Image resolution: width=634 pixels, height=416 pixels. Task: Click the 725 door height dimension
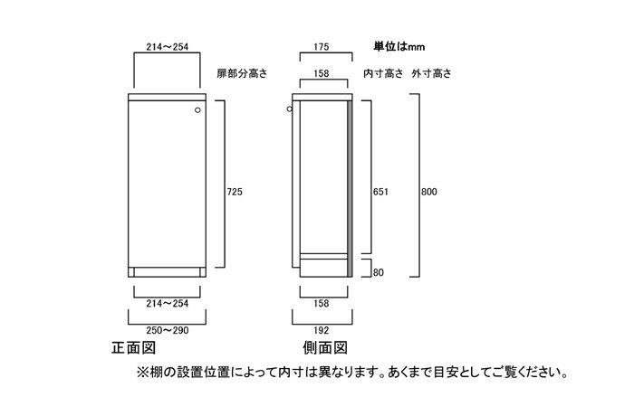235,192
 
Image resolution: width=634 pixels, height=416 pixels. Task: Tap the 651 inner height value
380,192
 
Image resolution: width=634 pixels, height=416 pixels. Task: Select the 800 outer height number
429,192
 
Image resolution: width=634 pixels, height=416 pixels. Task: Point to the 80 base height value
378,272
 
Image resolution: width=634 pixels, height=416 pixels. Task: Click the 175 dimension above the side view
321,47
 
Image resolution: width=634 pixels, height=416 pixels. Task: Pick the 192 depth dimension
321,330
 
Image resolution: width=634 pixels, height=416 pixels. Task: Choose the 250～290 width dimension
168,330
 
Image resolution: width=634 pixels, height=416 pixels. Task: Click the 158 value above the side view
321,73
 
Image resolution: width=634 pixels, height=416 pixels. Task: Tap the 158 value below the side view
321,303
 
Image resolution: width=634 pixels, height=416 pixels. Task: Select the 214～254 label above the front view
168,47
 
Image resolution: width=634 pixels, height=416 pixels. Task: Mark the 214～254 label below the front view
168,303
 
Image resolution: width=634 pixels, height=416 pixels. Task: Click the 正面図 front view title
133,348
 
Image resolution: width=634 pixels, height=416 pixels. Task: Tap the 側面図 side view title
325,348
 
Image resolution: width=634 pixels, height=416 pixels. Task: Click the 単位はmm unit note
399,47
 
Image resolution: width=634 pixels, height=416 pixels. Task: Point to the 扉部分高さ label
242,73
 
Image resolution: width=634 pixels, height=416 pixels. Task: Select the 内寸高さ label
383,73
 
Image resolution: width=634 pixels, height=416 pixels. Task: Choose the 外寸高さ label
432,73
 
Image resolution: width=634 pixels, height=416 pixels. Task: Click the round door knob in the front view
197,109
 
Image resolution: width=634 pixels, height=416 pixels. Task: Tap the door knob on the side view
290,109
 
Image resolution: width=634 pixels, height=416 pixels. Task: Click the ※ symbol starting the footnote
143,372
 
